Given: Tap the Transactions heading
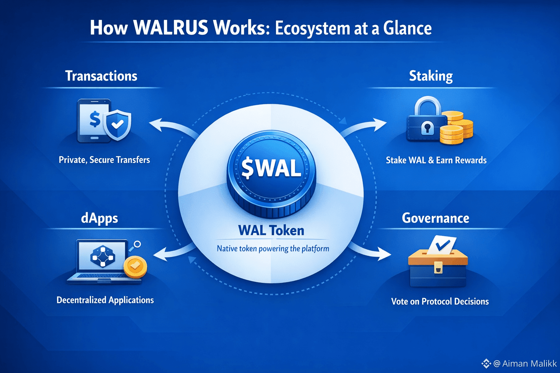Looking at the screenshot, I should click(101, 76).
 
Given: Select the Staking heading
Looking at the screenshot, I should click(431, 76).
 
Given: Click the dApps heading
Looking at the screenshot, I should click(100, 218).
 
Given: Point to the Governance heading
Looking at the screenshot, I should click(435, 218).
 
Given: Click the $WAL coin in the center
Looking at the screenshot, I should click(271, 171).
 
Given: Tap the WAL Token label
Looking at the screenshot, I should click(271, 230).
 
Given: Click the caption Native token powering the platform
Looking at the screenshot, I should click(273, 249).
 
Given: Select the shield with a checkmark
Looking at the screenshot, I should click(117, 125).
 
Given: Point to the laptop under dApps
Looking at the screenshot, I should click(102, 260).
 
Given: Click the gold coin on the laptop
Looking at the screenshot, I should click(135, 267).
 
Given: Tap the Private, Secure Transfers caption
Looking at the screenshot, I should click(104, 160).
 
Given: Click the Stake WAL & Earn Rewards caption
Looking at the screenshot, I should click(436, 160).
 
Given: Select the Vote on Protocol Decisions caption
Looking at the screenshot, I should click(440, 301).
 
